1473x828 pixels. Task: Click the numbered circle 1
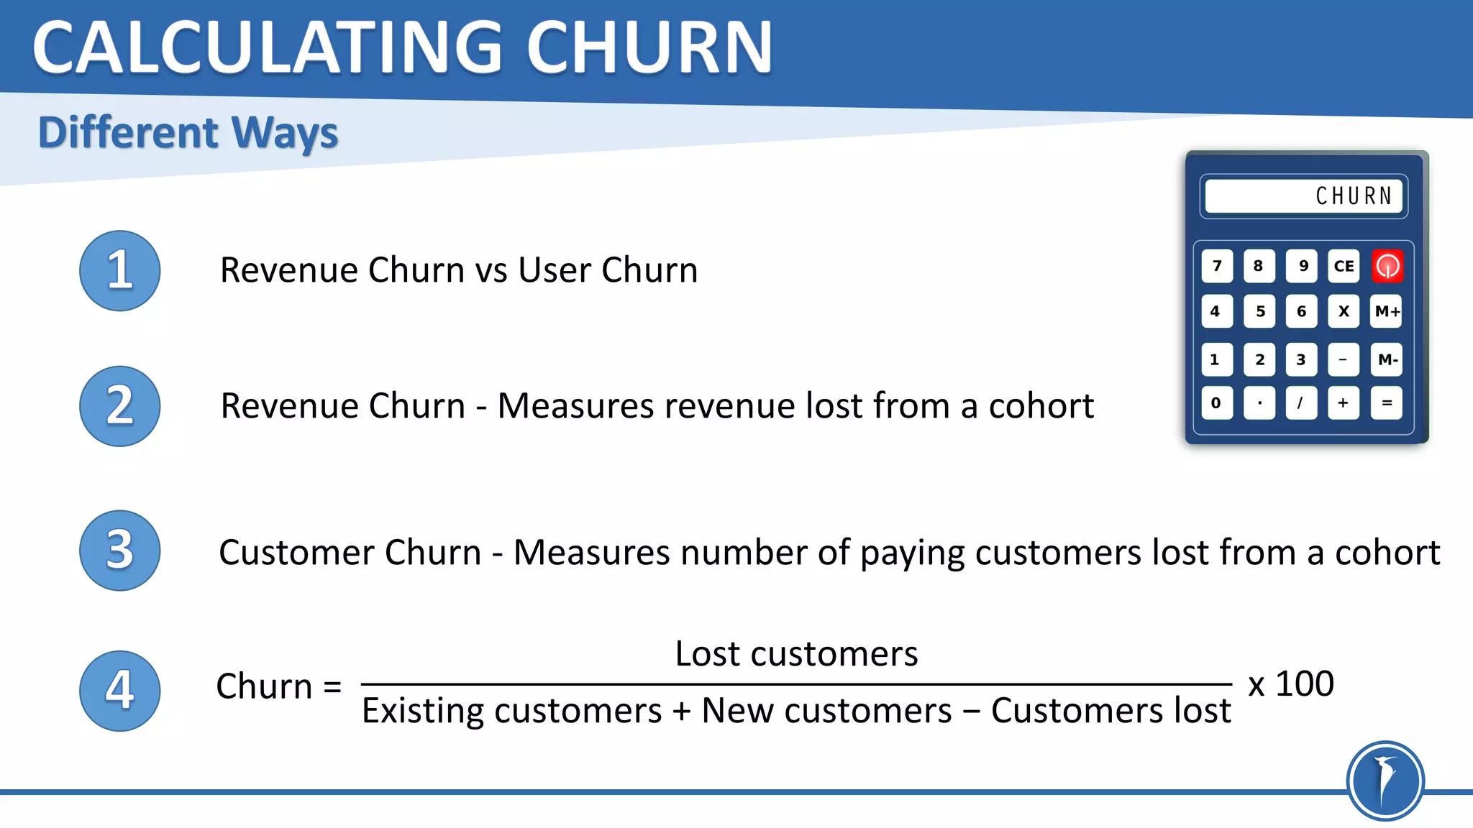(119, 270)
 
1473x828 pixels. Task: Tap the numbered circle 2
(119, 406)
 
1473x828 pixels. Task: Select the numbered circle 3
(119, 551)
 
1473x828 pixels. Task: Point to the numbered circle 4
(119, 691)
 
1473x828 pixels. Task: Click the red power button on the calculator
(1387, 266)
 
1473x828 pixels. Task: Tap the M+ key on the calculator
(1387, 311)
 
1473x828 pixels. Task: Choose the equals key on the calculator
(1387, 402)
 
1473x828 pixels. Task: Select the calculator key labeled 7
(1217, 266)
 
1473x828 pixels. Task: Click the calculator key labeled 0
(1216, 402)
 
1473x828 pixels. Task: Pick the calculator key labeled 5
(1259, 311)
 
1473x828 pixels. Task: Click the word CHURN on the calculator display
(1354, 196)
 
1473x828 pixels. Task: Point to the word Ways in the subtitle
(285, 134)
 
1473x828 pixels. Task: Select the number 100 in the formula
(1304, 684)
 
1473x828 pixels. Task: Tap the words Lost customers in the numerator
(796, 654)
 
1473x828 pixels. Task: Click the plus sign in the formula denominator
(681, 711)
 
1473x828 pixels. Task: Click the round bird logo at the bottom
(1385, 781)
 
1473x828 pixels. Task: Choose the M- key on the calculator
(1387, 359)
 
